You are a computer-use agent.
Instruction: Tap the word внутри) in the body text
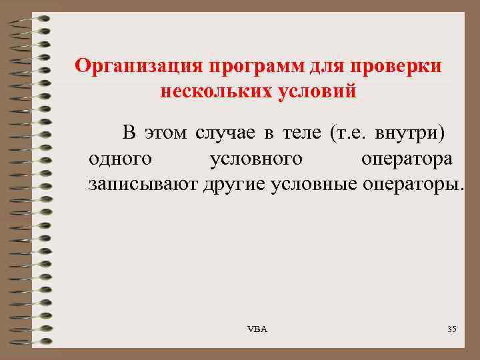coord(410,132)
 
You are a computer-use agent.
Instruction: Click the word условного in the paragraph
coord(256,159)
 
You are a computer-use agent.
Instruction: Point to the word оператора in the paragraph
coord(408,159)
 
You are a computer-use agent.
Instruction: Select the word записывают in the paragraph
coord(142,184)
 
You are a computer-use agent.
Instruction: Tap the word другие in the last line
coord(234,184)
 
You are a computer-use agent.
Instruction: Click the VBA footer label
coord(257,330)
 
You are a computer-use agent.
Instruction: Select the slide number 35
coord(451,330)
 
